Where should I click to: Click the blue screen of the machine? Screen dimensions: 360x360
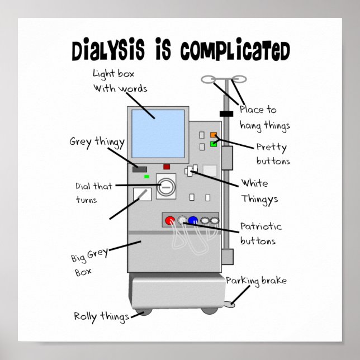(x=158, y=134)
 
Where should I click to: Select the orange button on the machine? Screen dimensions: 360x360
(x=214, y=135)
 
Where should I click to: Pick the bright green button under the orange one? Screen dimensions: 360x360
(x=214, y=144)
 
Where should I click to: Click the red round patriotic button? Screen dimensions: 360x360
(x=170, y=220)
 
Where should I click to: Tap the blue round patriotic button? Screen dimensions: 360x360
(x=193, y=220)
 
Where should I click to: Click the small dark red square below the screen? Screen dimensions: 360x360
(x=167, y=167)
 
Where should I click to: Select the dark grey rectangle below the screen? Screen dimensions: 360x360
(x=139, y=169)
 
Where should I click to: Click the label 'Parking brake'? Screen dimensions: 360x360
(x=257, y=281)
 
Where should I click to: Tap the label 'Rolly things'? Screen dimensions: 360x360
(x=101, y=316)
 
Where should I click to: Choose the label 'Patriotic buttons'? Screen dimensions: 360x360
(x=260, y=234)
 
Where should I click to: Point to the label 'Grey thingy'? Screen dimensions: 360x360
(x=97, y=141)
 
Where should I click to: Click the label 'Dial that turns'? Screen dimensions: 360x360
(x=93, y=192)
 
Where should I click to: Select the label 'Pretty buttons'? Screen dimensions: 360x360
(x=273, y=154)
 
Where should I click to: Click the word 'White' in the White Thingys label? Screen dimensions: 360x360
(x=254, y=184)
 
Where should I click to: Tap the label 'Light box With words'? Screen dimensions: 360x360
(x=120, y=80)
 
